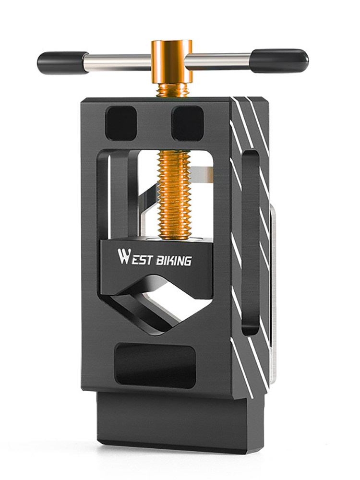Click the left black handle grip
click(x=63, y=63)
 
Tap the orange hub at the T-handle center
click(x=171, y=62)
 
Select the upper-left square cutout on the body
click(x=121, y=123)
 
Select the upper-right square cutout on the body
click(x=187, y=123)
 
